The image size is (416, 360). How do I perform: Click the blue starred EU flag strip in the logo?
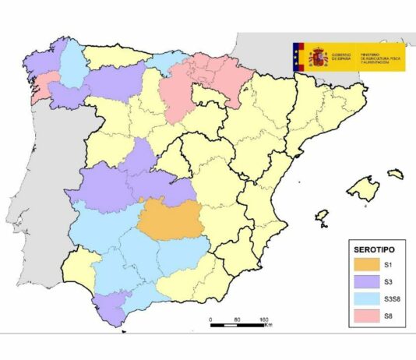click(297, 57)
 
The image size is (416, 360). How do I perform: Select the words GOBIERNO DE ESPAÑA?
click(341, 57)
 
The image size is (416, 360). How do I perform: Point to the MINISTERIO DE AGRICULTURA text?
click(379, 57)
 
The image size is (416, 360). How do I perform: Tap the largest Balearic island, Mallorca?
click(362, 187)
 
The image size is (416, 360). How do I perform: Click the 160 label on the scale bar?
click(264, 319)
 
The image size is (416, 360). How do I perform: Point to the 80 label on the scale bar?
click(237, 319)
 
